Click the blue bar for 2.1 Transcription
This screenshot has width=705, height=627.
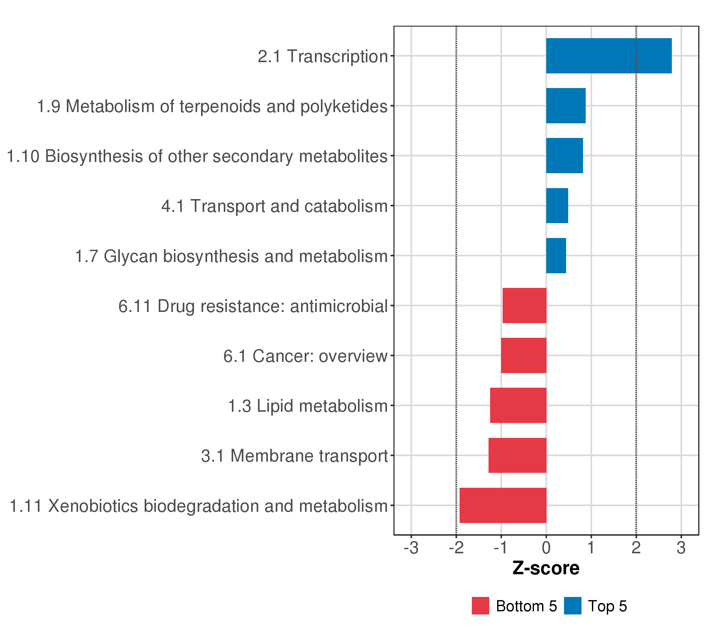[609, 56]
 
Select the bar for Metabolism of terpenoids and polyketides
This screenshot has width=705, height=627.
[566, 106]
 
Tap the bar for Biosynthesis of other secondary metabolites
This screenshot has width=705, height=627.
[564, 156]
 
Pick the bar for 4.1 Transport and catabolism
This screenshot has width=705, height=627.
[557, 206]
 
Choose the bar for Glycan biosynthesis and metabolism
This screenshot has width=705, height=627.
[556, 256]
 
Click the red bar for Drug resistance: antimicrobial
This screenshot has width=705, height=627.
[524, 305]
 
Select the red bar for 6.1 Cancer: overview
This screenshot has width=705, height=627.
[524, 355]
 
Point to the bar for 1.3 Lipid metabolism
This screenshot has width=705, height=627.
[518, 405]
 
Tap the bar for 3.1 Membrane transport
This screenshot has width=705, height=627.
[517, 456]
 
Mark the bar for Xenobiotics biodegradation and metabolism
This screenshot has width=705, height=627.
[503, 506]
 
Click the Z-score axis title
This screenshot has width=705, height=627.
[546, 568]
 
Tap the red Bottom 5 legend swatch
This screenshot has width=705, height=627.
[480, 606]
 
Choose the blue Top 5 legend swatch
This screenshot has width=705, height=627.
[573, 606]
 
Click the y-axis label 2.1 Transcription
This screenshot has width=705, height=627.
[323, 56]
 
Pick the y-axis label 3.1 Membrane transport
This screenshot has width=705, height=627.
[295, 456]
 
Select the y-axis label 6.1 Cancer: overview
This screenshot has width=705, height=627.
[305, 356]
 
